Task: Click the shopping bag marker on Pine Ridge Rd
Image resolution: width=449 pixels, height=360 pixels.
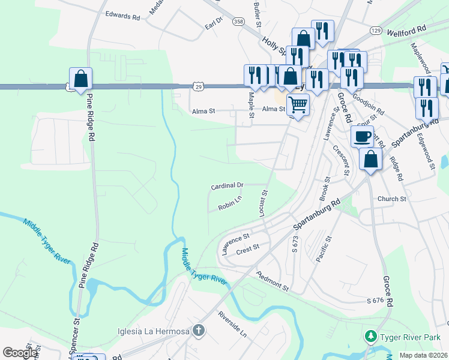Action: [80, 79]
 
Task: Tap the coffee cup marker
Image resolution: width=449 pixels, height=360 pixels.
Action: [362, 137]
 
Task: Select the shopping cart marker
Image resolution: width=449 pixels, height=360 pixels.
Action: [298, 105]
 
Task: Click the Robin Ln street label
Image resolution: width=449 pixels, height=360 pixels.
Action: [230, 204]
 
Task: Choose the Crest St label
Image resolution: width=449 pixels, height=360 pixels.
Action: [247, 247]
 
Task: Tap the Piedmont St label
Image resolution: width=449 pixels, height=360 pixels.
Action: [273, 281]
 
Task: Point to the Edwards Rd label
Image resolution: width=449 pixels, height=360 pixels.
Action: [122, 16]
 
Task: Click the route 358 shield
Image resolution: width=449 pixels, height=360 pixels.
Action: [239, 22]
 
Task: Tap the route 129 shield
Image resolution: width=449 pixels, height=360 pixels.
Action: [376, 30]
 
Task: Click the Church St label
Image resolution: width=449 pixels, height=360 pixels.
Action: [392, 199]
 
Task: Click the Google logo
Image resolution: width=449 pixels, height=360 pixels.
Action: [20, 353]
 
